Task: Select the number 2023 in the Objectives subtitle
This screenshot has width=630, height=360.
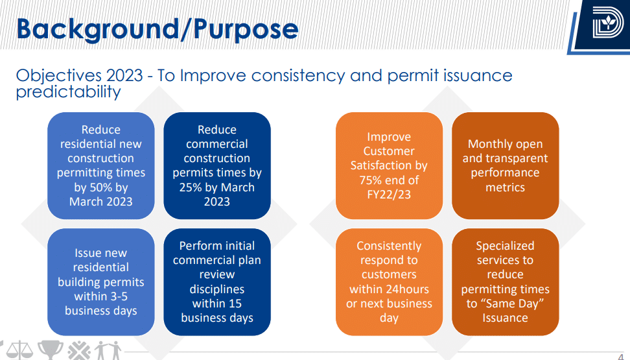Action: pyautogui.click(x=124, y=76)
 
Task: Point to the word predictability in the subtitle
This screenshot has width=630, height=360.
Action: pyautogui.click(x=68, y=91)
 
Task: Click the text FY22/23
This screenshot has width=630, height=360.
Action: pyautogui.click(x=389, y=195)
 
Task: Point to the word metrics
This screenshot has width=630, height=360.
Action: pyautogui.click(x=505, y=187)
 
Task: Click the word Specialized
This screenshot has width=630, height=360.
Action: pyautogui.click(x=505, y=246)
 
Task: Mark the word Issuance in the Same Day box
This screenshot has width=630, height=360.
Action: pyautogui.click(x=505, y=318)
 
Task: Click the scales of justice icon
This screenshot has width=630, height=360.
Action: pyautogui.click(x=19, y=350)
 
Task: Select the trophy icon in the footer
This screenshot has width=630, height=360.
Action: pyautogui.click(x=51, y=350)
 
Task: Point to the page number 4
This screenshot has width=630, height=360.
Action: pyautogui.click(x=621, y=357)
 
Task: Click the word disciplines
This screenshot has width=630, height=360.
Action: pyautogui.click(x=217, y=289)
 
